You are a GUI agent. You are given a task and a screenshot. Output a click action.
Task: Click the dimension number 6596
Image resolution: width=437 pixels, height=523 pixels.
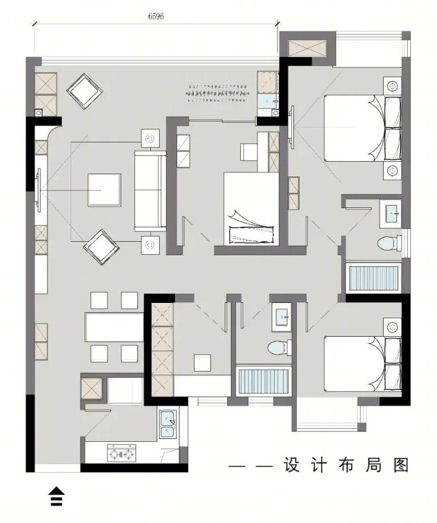[156, 16]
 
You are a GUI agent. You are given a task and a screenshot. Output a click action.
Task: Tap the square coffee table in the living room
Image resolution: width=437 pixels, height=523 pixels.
[105, 190]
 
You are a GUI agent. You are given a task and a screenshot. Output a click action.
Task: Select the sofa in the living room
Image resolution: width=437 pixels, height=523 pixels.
[150, 191]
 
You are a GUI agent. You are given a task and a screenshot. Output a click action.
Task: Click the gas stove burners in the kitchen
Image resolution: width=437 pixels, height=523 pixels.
[121, 453]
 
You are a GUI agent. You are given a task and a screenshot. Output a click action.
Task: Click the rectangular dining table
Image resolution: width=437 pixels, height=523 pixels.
[114, 327]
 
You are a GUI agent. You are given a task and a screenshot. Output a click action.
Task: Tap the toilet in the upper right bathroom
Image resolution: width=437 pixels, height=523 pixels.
[390, 243]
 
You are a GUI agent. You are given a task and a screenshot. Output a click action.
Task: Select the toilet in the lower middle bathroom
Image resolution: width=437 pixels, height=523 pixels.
[280, 348]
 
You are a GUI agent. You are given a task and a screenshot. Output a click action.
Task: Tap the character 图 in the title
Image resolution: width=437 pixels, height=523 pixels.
[401, 465]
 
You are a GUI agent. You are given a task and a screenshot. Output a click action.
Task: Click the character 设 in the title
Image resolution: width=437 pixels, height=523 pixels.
[292, 465]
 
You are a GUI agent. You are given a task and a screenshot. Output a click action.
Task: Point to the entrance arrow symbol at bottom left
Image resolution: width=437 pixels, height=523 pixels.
[57, 497]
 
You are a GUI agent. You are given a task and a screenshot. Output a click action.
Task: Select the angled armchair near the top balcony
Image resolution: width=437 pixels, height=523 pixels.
[85, 91]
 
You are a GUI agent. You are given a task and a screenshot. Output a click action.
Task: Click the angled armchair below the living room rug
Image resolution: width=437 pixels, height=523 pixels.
[101, 247]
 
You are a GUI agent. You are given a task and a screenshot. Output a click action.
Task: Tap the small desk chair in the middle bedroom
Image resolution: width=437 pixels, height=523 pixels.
[248, 152]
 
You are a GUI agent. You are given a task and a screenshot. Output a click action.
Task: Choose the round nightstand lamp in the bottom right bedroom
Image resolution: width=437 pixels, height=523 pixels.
[392, 327]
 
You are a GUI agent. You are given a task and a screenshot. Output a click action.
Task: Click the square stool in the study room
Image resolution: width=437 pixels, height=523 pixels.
[202, 362]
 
